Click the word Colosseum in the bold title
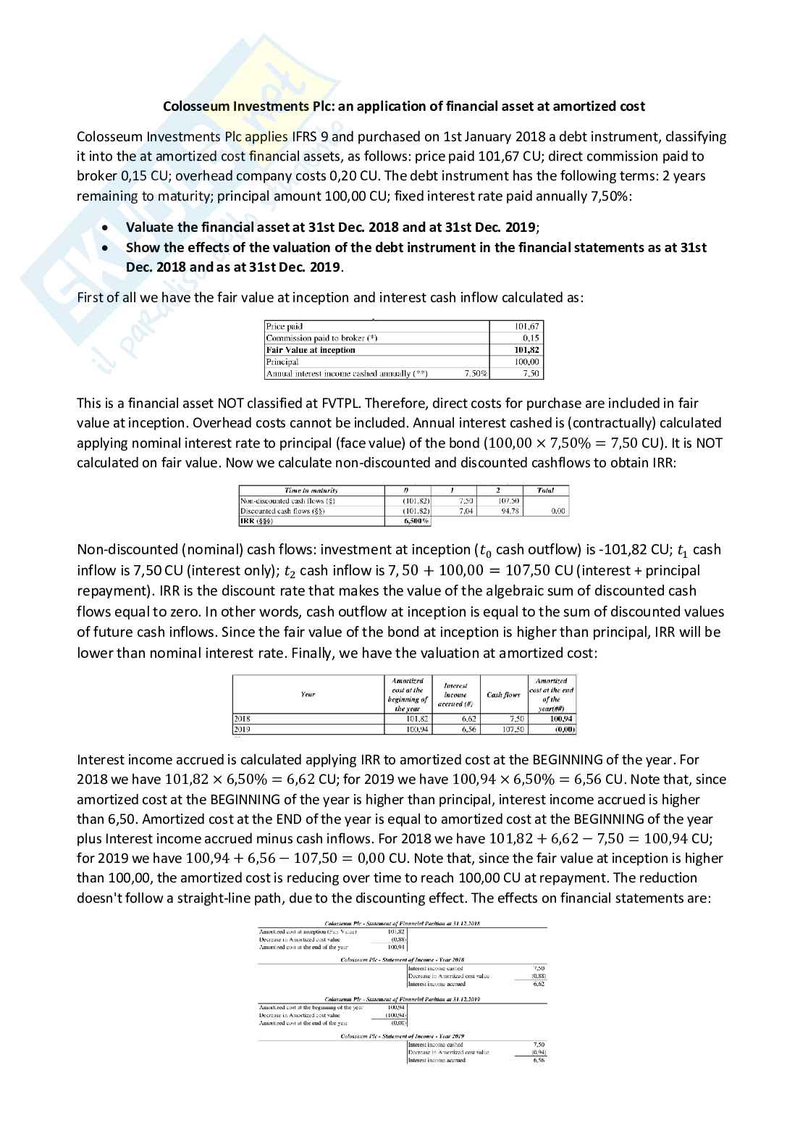click(195, 107)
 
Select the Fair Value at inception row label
click(311, 350)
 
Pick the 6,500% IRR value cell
click(416, 521)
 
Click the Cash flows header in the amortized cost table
click(503, 695)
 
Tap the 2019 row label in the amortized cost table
click(242, 730)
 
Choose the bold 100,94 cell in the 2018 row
click(561, 719)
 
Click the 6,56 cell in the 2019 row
click(468, 730)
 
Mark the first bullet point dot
click(107, 227)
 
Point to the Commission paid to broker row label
click(322, 338)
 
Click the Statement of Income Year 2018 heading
click(403, 959)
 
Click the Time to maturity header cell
click(311, 490)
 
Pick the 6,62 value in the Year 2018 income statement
click(538, 984)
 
